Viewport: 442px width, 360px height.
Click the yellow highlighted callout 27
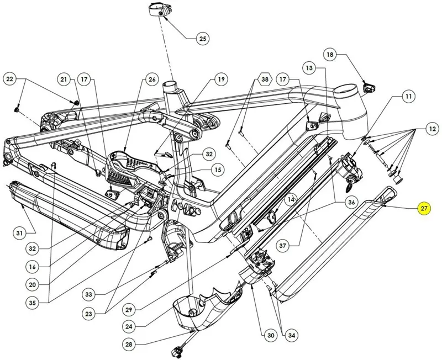(x=424, y=209)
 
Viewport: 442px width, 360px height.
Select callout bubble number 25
(x=203, y=39)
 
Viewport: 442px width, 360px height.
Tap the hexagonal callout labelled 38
(x=265, y=80)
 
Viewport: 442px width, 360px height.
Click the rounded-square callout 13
(x=309, y=68)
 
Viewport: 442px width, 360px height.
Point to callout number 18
(x=330, y=55)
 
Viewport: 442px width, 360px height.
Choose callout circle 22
(x=10, y=79)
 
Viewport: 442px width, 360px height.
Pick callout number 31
(x=19, y=233)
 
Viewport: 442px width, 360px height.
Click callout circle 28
(x=129, y=344)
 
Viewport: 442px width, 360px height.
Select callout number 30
(x=271, y=335)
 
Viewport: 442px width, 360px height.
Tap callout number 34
(x=292, y=335)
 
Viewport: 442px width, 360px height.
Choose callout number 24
(x=129, y=326)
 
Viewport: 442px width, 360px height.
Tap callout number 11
(x=408, y=97)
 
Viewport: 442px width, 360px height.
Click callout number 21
(x=64, y=80)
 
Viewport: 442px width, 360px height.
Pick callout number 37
(x=283, y=246)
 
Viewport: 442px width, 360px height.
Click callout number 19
(x=221, y=80)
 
